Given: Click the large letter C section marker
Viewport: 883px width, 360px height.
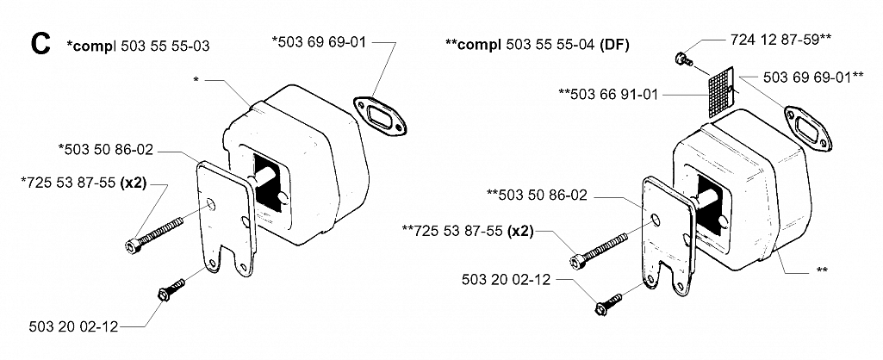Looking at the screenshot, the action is click(41, 44).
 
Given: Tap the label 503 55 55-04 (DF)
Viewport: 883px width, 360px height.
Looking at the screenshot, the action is click(568, 45).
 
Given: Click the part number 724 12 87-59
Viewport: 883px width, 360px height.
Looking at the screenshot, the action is click(775, 40).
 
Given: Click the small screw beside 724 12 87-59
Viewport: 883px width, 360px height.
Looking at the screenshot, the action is click(684, 58).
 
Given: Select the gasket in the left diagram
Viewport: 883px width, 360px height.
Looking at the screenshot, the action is click(381, 117).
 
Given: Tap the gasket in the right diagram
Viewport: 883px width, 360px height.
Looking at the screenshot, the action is click(809, 128).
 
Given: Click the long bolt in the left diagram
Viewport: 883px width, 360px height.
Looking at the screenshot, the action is click(153, 233).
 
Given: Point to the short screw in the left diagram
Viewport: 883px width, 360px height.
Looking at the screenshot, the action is click(171, 289).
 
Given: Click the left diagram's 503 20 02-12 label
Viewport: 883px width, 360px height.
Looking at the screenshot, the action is click(74, 326).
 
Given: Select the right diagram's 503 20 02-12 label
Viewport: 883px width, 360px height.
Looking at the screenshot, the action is click(506, 279).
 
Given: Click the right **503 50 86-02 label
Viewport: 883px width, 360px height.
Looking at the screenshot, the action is click(537, 196).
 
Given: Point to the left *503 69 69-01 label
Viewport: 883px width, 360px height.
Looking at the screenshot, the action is click(320, 41).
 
